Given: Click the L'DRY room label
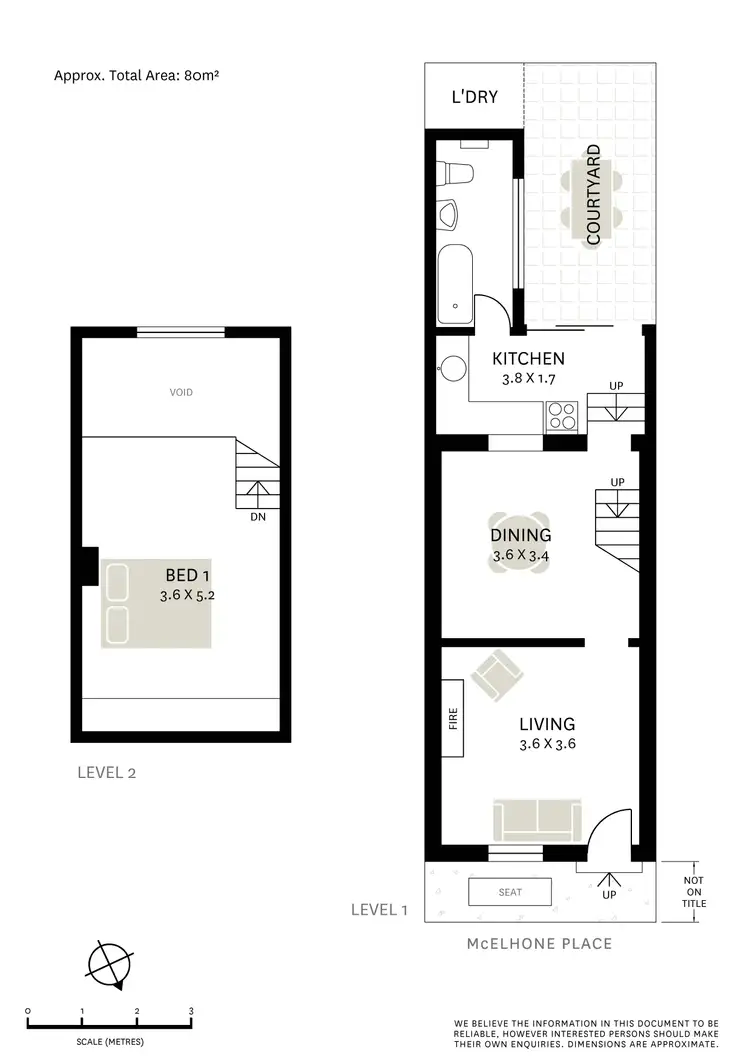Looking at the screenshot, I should pos(474,97).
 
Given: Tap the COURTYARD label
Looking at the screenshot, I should pos(593,195).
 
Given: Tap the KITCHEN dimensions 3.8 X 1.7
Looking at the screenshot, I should pos(529,379).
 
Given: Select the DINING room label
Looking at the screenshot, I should pos(520,536).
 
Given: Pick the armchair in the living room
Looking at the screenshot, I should pos(496,676).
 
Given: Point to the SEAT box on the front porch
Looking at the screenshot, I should pos(511,891).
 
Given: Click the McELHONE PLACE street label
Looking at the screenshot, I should pos(540,943).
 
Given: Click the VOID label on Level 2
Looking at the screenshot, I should pos(181,392).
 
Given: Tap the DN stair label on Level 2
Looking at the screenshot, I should pos(257,517).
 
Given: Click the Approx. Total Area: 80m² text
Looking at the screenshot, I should pos(136,75).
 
